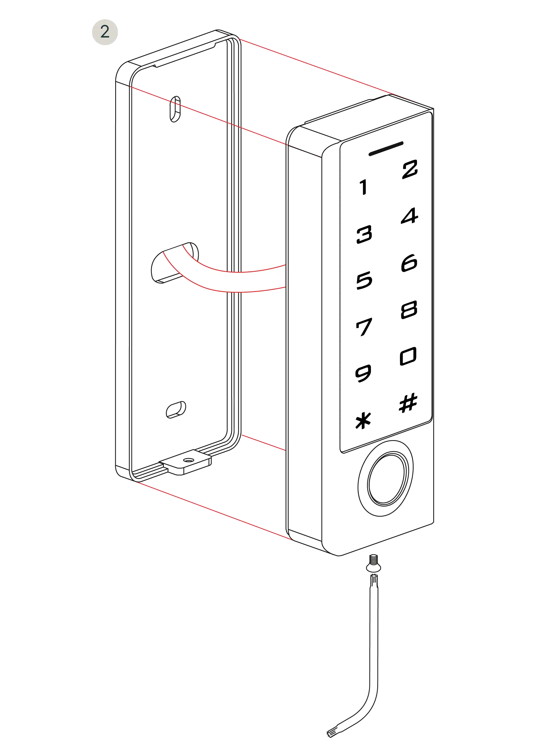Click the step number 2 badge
point(105,32)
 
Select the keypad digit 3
point(364,234)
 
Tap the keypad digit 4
point(410,216)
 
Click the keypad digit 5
point(364,281)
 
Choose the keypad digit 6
point(409,263)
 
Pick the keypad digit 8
point(409,310)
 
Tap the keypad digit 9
point(363,373)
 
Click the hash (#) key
point(408,403)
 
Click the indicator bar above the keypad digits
point(386,148)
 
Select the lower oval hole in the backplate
point(176,410)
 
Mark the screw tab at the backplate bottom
point(185,462)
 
